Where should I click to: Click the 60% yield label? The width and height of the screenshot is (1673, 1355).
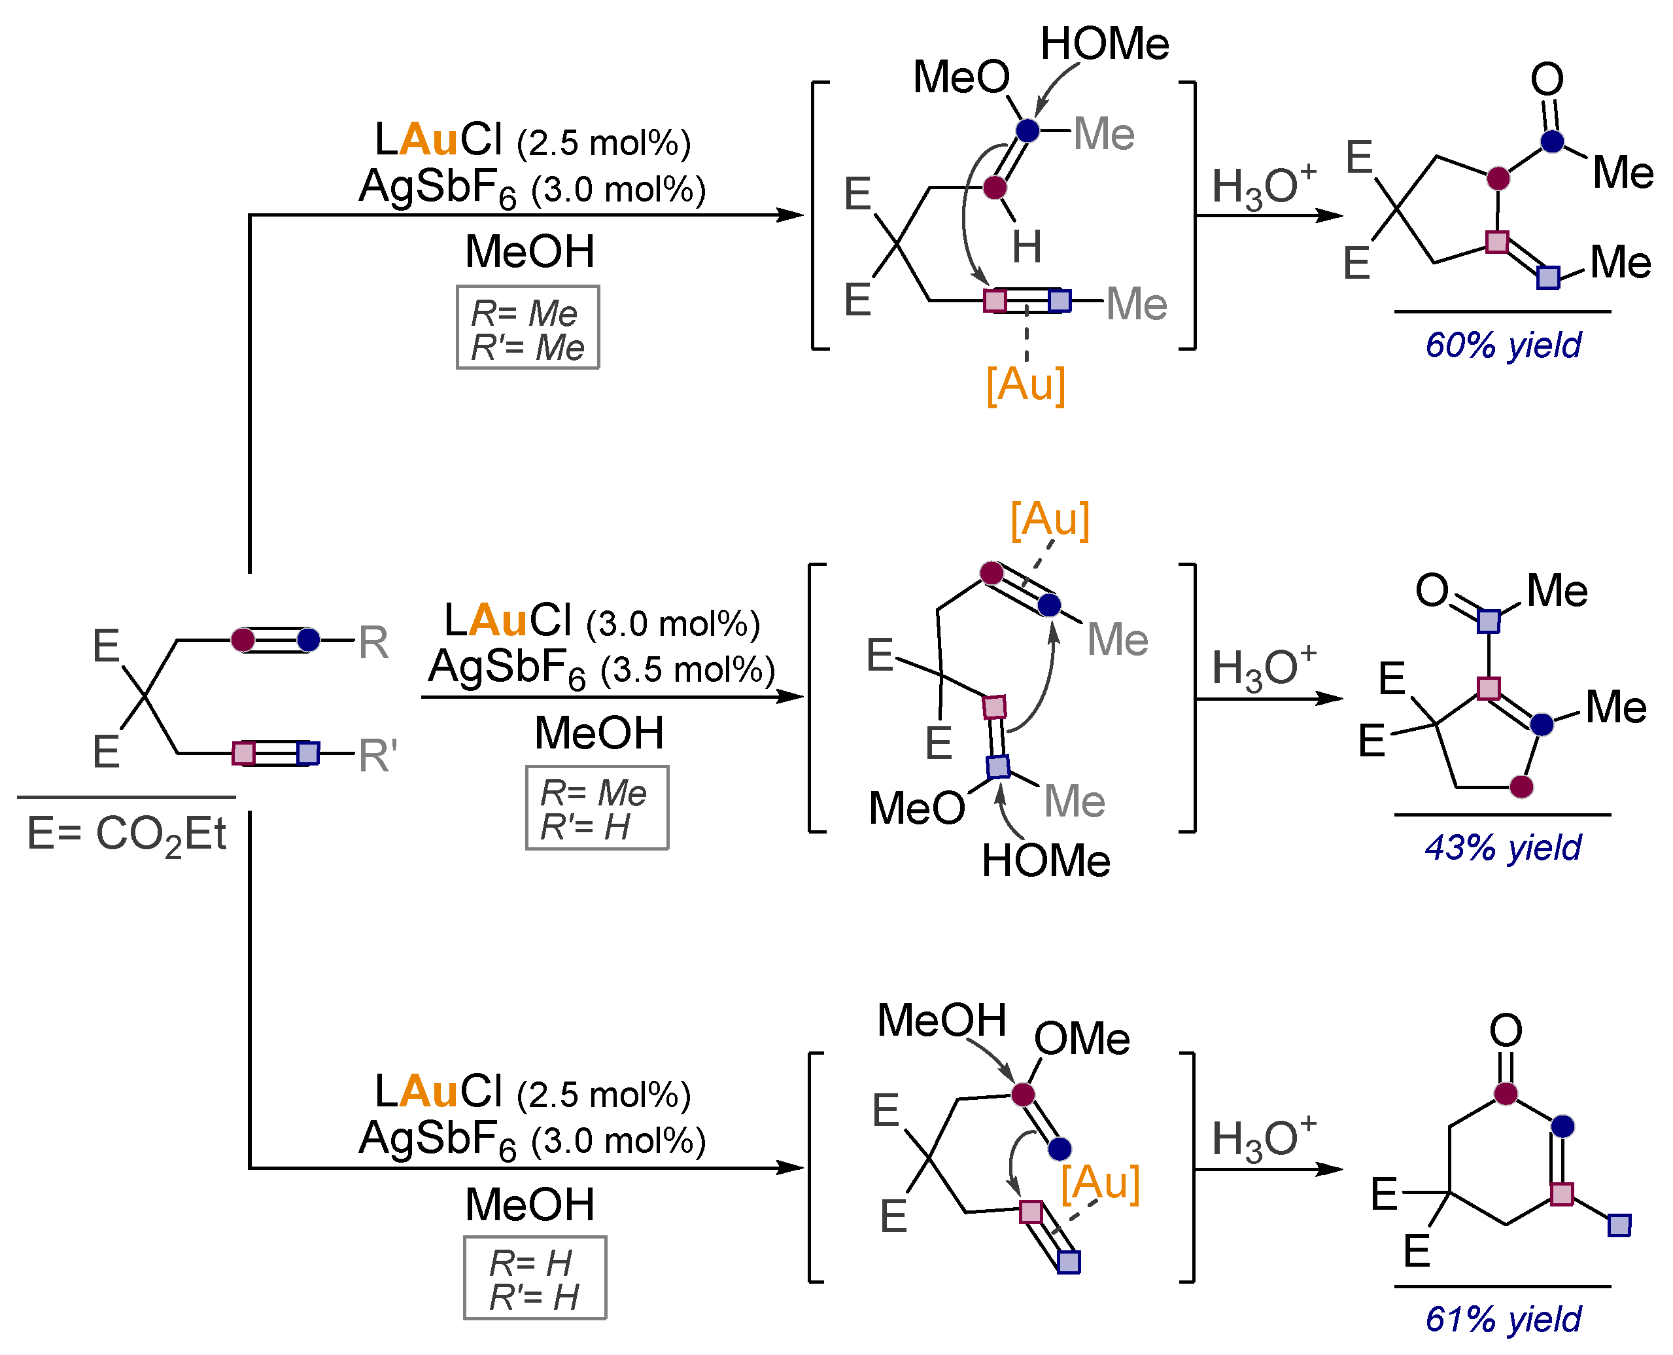pyautogui.click(x=1502, y=345)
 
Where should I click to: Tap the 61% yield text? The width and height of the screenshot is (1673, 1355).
pyautogui.click(x=1502, y=1319)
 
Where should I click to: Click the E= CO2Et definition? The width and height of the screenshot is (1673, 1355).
pyautogui.click(x=126, y=834)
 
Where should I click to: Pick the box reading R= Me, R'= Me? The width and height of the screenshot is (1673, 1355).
pyautogui.click(x=528, y=328)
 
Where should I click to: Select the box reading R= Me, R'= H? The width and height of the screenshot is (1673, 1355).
pyautogui.click(x=597, y=808)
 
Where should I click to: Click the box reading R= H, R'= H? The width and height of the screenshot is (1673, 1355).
pyautogui.click(x=534, y=1278)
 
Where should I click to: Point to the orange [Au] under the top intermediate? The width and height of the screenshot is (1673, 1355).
pyautogui.click(x=1026, y=384)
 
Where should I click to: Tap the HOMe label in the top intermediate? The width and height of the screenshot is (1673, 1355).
pyautogui.click(x=1104, y=44)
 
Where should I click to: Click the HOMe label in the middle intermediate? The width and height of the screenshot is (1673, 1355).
pyautogui.click(x=1046, y=861)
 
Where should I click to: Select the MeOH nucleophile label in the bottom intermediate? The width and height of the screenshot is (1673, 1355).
pyautogui.click(x=941, y=1020)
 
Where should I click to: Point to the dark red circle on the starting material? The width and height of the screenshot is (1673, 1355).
pyautogui.click(x=243, y=640)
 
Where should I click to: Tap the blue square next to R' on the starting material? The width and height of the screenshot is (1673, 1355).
pyautogui.click(x=308, y=753)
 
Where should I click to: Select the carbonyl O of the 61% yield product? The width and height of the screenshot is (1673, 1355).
pyautogui.click(x=1505, y=1030)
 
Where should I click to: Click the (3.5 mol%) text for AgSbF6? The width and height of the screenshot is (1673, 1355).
pyautogui.click(x=687, y=670)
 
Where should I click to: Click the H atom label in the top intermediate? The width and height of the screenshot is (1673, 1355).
pyautogui.click(x=1027, y=247)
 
